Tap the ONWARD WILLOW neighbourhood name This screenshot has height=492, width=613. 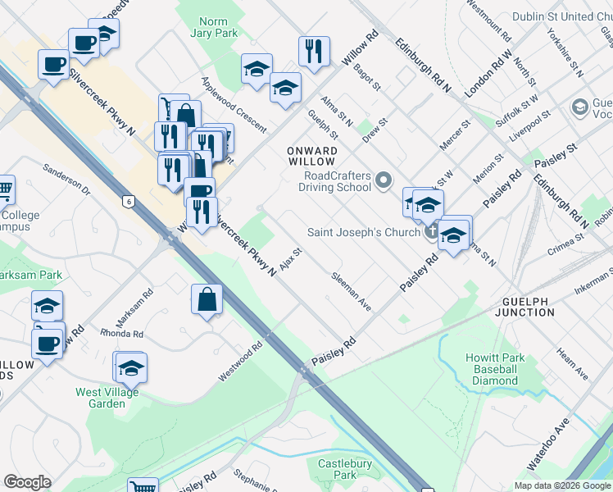tap(312, 157)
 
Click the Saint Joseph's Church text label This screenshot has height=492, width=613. tap(363, 232)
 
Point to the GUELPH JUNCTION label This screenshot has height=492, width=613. tap(524, 307)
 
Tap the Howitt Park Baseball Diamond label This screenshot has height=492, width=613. tap(492, 369)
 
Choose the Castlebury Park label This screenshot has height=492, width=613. tap(344, 469)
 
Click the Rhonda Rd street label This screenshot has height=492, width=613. tap(121, 334)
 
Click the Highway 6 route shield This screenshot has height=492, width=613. tap(128, 200)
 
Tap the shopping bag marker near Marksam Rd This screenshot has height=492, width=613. tap(207, 300)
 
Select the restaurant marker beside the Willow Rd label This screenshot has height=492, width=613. tap(315, 52)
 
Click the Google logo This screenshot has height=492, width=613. tap(26, 482)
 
